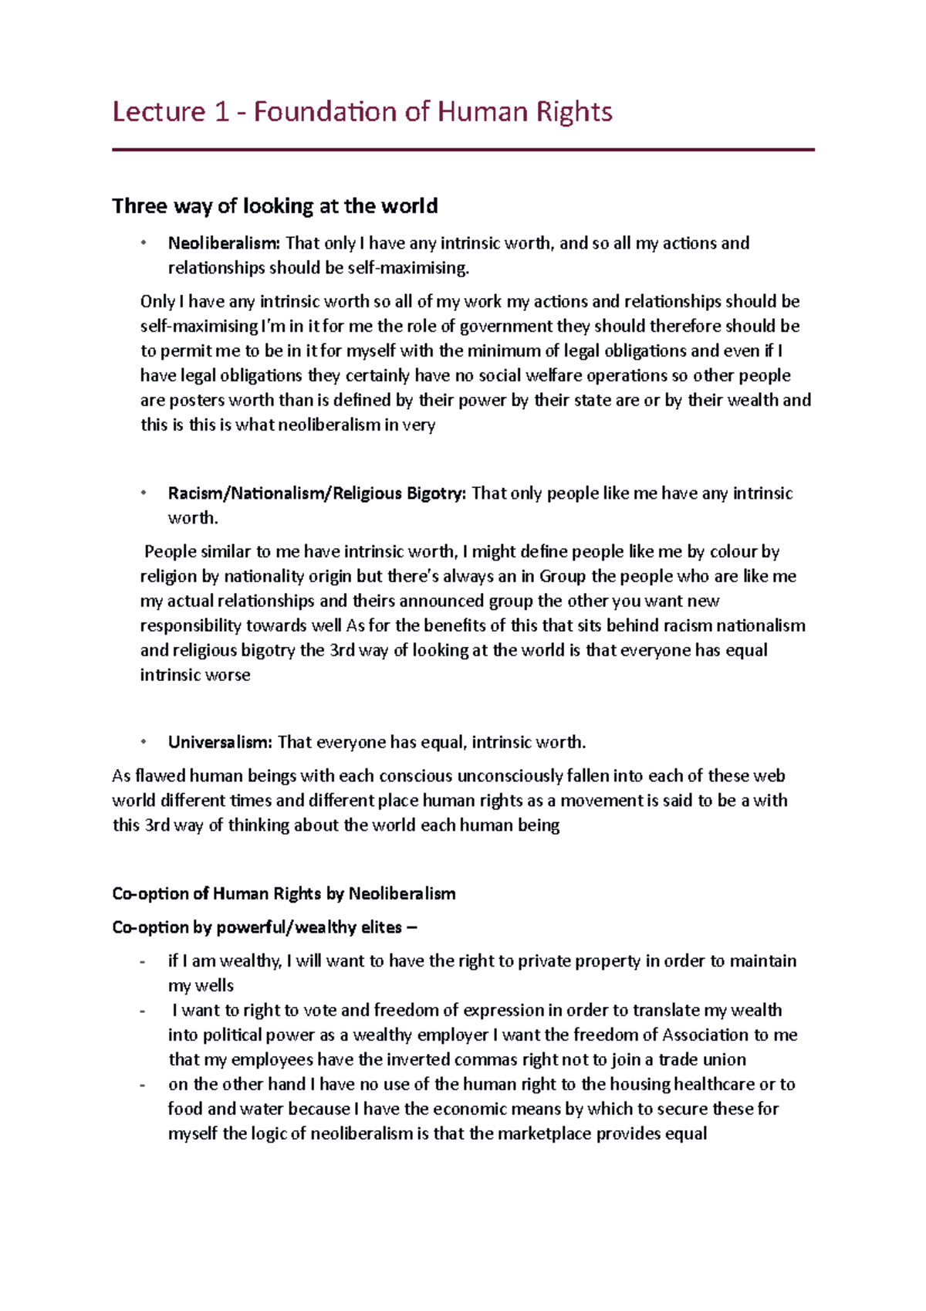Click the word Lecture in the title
point(158,113)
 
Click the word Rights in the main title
point(575,113)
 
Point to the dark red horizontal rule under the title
point(463,150)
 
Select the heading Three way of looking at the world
point(275,206)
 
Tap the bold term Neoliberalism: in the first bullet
point(224,243)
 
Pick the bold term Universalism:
point(220,743)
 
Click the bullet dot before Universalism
point(143,743)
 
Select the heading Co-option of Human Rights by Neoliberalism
point(283,894)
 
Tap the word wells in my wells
point(213,986)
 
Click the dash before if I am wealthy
point(142,962)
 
